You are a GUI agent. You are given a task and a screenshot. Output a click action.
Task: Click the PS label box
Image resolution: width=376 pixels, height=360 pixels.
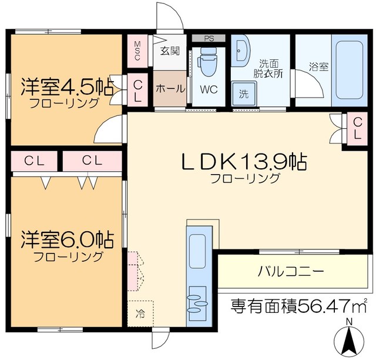coord(208,38)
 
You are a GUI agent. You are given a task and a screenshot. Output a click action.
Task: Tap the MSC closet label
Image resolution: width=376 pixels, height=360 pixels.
coord(137,52)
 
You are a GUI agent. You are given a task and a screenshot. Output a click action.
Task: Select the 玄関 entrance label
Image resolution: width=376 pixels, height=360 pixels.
coord(171,51)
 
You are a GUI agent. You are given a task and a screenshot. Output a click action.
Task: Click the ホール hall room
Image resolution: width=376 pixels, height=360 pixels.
coord(170,89)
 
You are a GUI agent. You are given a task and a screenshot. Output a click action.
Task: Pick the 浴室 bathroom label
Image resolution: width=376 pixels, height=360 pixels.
coord(319,66)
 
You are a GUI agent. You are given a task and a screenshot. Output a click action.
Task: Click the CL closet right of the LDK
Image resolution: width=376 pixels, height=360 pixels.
coord(357,127)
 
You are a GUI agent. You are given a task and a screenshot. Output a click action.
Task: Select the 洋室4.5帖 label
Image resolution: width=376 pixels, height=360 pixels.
coord(66,86)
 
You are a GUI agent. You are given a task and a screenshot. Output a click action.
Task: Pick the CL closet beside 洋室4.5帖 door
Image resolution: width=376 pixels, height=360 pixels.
coord(137,92)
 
